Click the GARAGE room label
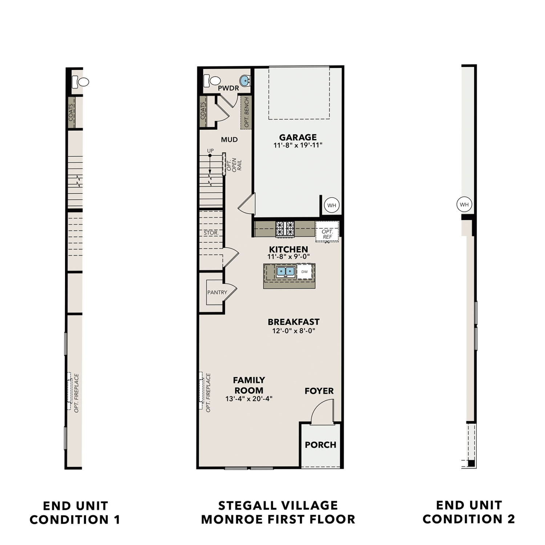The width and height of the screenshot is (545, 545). pos(298,137)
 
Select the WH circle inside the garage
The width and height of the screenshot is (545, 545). pos(331,205)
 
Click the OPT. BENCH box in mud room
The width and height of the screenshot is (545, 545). pos(246,112)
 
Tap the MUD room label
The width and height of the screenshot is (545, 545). pos(229,140)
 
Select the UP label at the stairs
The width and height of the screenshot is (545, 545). pos(210,151)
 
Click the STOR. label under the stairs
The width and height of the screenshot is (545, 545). pos(211,233)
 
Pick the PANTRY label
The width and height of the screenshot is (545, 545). pos(217,292)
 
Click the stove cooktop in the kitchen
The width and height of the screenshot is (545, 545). pos(285,229)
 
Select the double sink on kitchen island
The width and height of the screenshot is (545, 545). pos(285,271)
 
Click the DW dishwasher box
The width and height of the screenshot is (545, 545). pos(304,272)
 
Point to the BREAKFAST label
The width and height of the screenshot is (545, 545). pos(294,322)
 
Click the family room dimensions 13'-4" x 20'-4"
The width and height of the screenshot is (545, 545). pos(249,399)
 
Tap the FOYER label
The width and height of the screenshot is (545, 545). pos(319,391)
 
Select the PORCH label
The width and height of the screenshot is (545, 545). pos(320,445)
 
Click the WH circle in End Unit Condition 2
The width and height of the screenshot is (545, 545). pos(464,205)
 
